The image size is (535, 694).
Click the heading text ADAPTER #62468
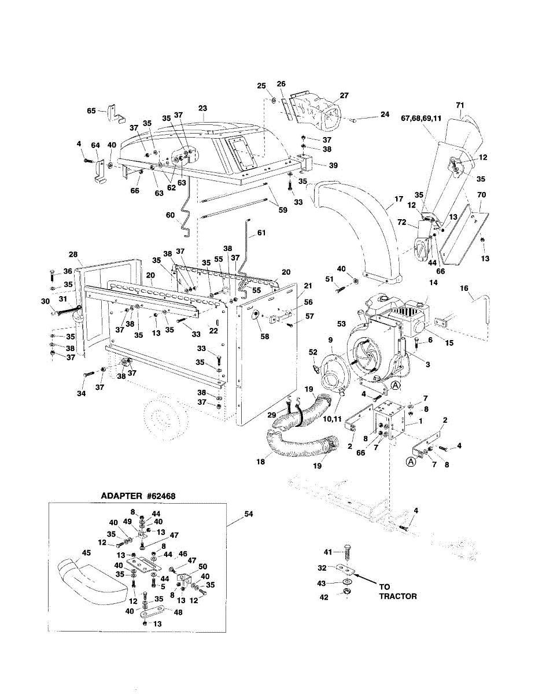pyautogui.click(x=138, y=496)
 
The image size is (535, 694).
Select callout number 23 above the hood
pyautogui.click(x=202, y=108)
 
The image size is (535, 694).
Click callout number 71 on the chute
pyautogui.click(x=460, y=105)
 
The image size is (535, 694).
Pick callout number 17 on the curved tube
pyautogui.click(x=398, y=200)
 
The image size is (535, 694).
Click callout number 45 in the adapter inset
pyautogui.click(x=86, y=553)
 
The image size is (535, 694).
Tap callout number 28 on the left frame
pyautogui.click(x=72, y=254)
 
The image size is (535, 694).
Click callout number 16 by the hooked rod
pyautogui.click(x=463, y=287)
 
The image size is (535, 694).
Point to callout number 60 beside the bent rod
pyautogui.click(x=170, y=215)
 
